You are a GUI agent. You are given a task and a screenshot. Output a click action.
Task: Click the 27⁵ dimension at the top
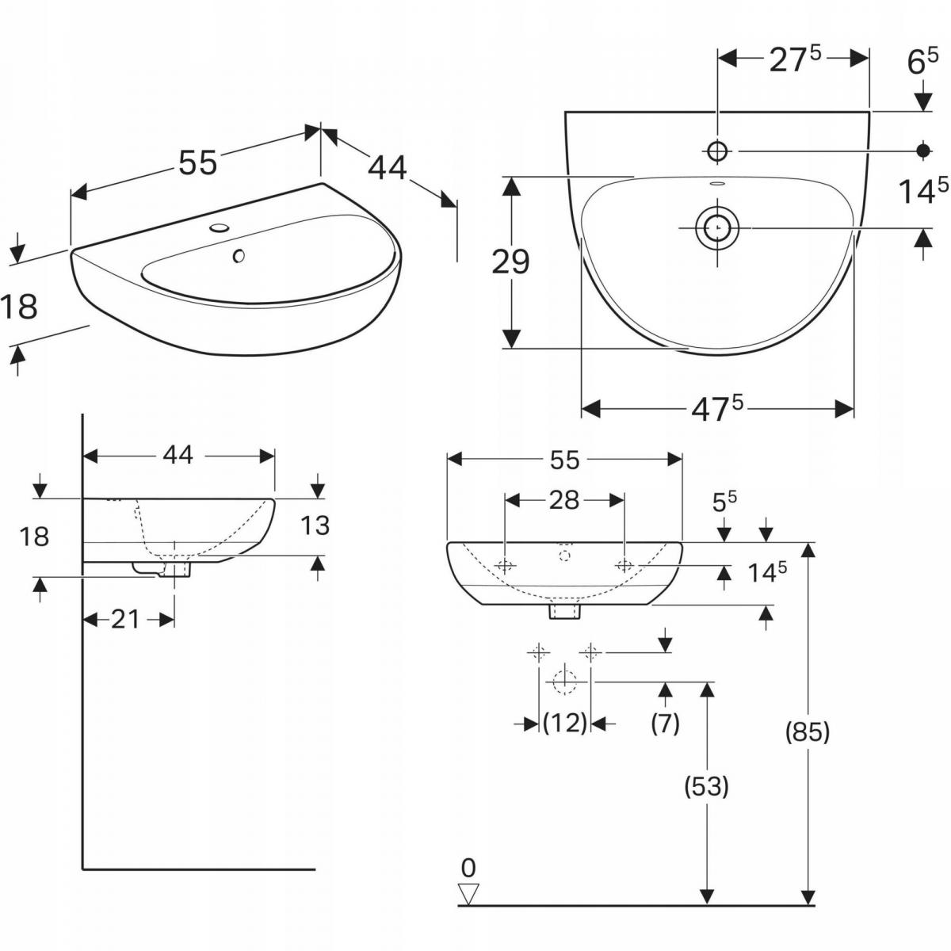pos(795,59)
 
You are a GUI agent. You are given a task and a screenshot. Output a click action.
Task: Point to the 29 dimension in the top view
pos(510,262)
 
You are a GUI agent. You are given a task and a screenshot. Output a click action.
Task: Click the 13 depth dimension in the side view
pos(315,525)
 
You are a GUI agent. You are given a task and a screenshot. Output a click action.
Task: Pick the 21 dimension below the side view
pos(124,619)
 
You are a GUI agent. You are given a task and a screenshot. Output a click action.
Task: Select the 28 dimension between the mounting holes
pos(564,500)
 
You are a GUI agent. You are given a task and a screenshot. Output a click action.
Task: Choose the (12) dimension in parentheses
pos(565,723)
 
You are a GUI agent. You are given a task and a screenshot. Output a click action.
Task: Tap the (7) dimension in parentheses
pos(665,723)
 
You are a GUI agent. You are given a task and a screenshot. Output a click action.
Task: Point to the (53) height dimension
pos(706,786)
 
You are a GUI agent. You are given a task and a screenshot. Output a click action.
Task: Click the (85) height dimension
pos(808,733)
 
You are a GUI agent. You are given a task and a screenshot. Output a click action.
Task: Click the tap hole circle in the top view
pos(717,151)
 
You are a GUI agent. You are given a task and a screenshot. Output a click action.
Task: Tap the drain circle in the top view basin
pos(717,228)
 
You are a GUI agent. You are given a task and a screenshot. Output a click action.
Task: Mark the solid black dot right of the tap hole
pos(923,150)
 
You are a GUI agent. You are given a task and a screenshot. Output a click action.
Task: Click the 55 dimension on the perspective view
pos(197,163)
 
